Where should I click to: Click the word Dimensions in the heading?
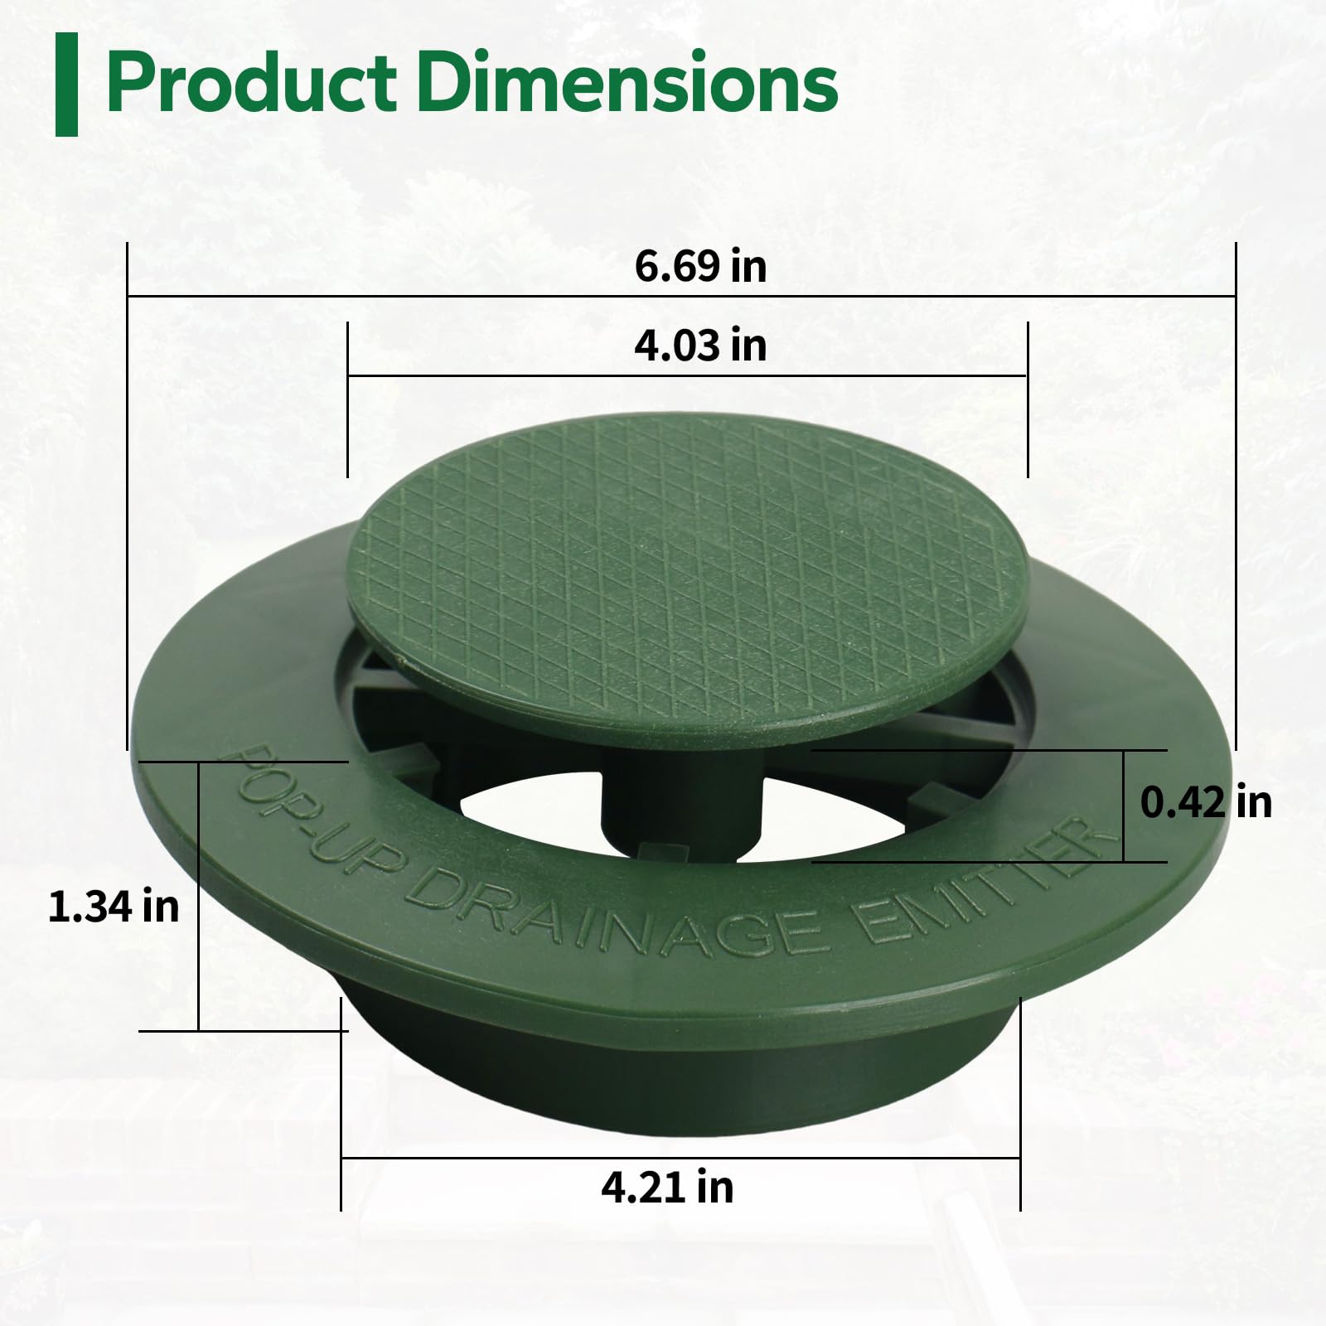click(633, 83)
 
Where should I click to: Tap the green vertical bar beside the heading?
click(66, 85)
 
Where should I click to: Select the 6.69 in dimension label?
click(700, 267)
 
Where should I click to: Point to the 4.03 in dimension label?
click(700, 346)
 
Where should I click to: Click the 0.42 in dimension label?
click(1205, 802)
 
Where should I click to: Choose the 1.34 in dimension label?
click(114, 906)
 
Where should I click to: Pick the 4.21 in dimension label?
click(667, 1187)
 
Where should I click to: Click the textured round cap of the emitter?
click(688, 572)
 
